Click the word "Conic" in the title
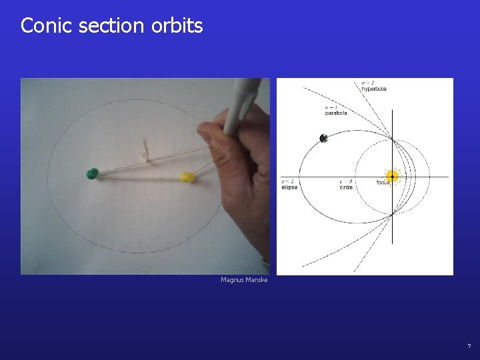(45, 25)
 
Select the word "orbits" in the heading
(177, 25)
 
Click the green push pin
(92, 174)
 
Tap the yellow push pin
(188, 177)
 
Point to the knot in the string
(144, 155)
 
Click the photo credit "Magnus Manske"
(244, 280)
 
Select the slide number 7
(469, 346)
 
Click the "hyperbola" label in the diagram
(374, 89)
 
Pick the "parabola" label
(336, 113)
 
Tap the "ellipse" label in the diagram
(289, 187)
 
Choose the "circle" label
(345, 187)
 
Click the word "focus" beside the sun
(383, 182)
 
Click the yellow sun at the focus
(393, 177)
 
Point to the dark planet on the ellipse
(323, 139)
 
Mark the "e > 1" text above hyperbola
(367, 83)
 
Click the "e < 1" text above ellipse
(287, 181)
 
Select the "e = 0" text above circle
(345, 181)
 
